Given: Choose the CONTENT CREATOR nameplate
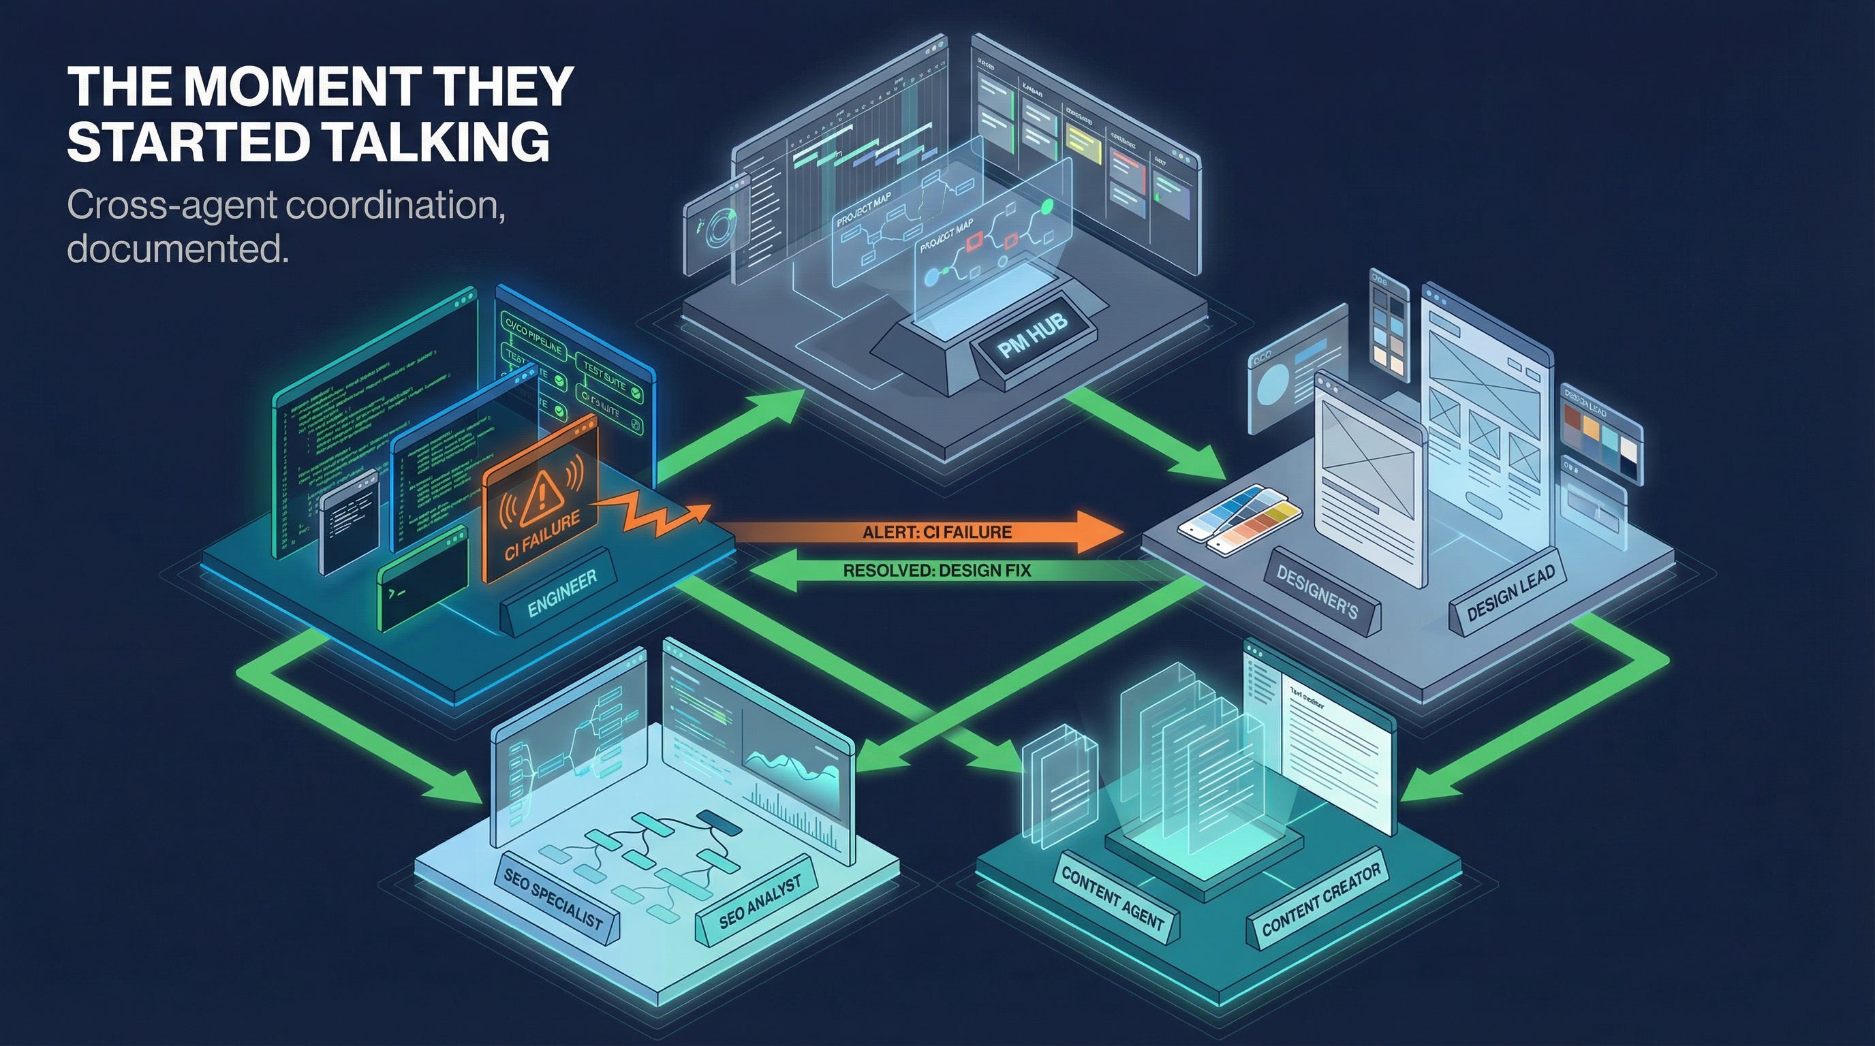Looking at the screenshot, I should pyautogui.click(x=1321, y=900).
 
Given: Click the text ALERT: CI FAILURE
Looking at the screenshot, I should pyautogui.click(x=937, y=533).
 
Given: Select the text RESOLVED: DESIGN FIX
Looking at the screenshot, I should pyautogui.click(x=937, y=571).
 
